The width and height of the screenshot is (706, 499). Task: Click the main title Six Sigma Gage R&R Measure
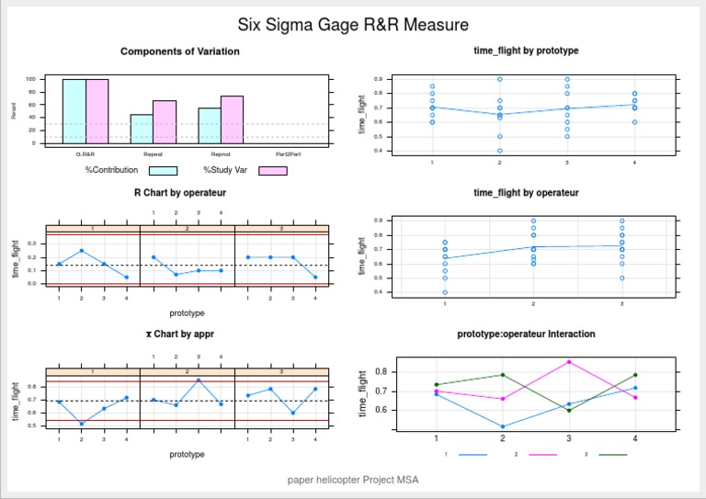click(353, 25)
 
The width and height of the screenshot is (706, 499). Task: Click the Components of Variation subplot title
click(180, 51)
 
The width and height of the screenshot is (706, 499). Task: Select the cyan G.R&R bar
click(74, 111)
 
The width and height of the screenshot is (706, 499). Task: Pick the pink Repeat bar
click(165, 121)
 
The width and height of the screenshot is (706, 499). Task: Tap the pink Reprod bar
click(232, 119)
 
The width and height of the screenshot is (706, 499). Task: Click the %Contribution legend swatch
click(163, 170)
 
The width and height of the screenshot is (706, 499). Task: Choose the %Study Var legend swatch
click(273, 170)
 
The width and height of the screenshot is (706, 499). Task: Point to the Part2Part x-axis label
click(288, 154)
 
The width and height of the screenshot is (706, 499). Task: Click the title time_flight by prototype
click(526, 50)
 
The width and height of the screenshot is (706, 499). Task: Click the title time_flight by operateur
click(526, 193)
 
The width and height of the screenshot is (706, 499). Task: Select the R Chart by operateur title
click(180, 193)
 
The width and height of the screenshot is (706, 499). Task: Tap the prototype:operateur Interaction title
click(526, 334)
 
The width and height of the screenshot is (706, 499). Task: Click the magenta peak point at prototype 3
click(569, 361)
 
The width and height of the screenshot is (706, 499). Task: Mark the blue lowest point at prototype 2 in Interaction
click(503, 426)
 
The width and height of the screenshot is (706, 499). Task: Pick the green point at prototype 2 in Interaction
click(503, 375)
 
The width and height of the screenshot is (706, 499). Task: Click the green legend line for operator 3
click(612, 454)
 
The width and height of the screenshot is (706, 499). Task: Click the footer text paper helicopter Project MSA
click(353, 479)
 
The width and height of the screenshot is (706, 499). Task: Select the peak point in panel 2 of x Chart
click(199, 380)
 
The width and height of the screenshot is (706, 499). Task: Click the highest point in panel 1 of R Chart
click(81, 250)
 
